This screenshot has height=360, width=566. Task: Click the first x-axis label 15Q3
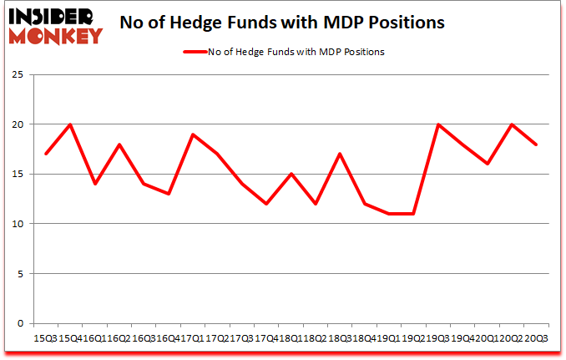(x=46, y=337)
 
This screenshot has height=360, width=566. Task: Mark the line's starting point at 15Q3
(x=46, y=154)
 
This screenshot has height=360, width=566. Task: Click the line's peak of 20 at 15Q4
(x=70, y=124)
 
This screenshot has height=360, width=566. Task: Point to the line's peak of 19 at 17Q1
(x=193, y=134)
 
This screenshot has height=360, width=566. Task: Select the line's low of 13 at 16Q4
(x=169, y=194)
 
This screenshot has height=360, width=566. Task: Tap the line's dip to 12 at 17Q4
(x=266, y=204)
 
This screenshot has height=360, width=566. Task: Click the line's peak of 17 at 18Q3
(x=340, y=154)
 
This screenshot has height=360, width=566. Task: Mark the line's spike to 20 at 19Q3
(x=437, y=124)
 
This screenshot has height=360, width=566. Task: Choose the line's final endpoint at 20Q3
(x=535, y=145)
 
